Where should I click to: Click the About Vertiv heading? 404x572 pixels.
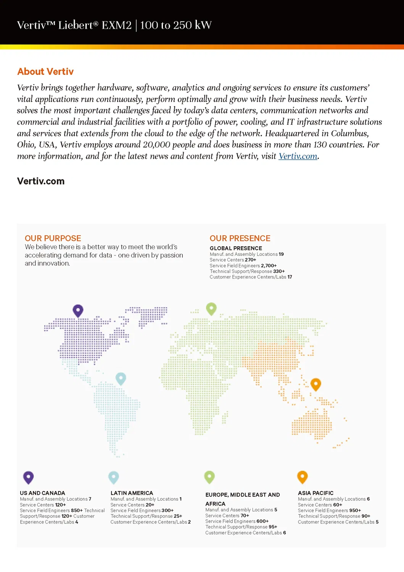tap(45, 71)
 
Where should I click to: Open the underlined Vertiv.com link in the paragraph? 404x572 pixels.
tap(298, 156)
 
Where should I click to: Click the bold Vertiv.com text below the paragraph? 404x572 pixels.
tap(41, 181)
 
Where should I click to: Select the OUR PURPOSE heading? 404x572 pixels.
tap(53, 238)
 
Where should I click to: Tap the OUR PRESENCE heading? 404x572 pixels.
tap(240, 238)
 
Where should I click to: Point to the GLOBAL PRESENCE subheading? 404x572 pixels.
tap(236, 248)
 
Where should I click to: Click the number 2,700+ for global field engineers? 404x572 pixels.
tap(269, 266)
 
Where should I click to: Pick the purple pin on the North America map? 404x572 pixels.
tap(78, 310)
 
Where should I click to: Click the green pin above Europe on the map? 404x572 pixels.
tap(211, 308)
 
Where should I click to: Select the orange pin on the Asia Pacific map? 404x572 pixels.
tap(316, 384)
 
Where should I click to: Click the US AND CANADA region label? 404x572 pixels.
tap(42, 493)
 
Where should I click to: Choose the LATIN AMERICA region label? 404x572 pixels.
tap(132, 493)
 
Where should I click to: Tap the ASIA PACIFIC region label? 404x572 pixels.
tap(315, 493)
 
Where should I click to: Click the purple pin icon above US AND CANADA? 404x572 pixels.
tap(29, 477)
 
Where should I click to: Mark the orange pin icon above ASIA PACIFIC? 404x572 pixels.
tap(302, 477)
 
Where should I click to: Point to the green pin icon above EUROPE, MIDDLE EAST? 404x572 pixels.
tap(209, 477)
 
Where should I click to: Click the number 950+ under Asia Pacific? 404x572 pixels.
tap(355, 511)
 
